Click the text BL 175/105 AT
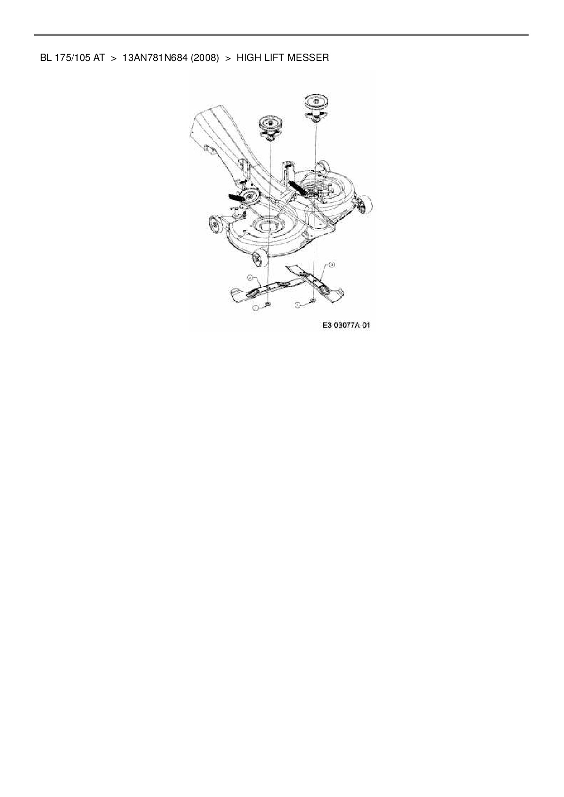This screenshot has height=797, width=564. (x=72, y=58)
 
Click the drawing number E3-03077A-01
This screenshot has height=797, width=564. (x=346, y=325)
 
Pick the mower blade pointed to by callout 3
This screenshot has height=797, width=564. (x=316, y=284)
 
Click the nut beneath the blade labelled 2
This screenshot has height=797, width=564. (x=267, y=305)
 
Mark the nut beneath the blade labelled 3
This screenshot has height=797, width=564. (x=313, y=301)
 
